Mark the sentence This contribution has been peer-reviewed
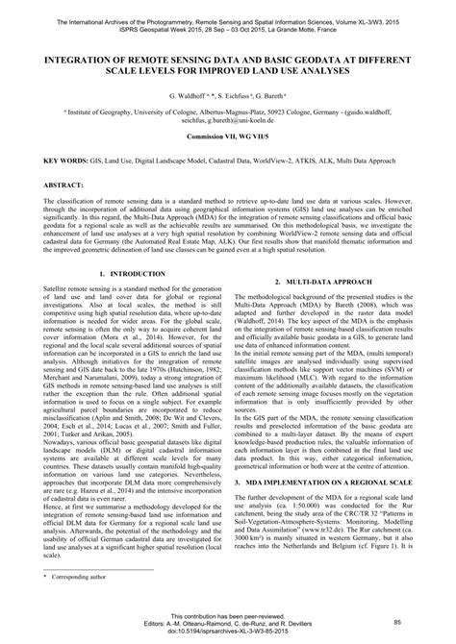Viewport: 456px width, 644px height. (x=228, y=616)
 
